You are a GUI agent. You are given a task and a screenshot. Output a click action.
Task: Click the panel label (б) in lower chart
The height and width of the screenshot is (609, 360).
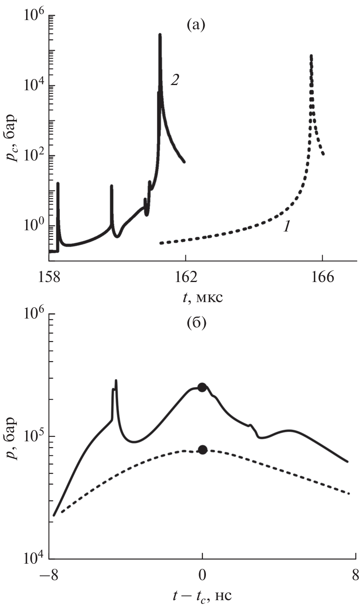coord(196,324)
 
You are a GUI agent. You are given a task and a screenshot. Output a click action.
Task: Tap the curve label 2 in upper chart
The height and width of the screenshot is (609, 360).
coord(175,80)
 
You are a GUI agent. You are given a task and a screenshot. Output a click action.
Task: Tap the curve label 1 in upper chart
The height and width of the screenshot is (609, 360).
coord(287,227)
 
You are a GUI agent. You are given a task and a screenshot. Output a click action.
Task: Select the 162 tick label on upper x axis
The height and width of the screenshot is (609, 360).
coord(186,277)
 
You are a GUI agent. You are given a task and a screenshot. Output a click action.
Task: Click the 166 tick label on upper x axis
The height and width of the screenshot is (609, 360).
coord(323,277)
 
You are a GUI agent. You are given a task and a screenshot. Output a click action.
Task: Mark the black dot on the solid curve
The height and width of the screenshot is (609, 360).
coord(202,387)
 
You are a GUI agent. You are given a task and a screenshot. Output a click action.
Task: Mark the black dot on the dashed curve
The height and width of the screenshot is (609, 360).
coord(203,450)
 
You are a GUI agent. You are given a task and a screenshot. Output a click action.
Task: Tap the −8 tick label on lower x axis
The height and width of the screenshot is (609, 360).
coord(49,575)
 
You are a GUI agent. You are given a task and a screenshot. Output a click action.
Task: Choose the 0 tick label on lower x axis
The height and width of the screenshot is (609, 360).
coord(203,575)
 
